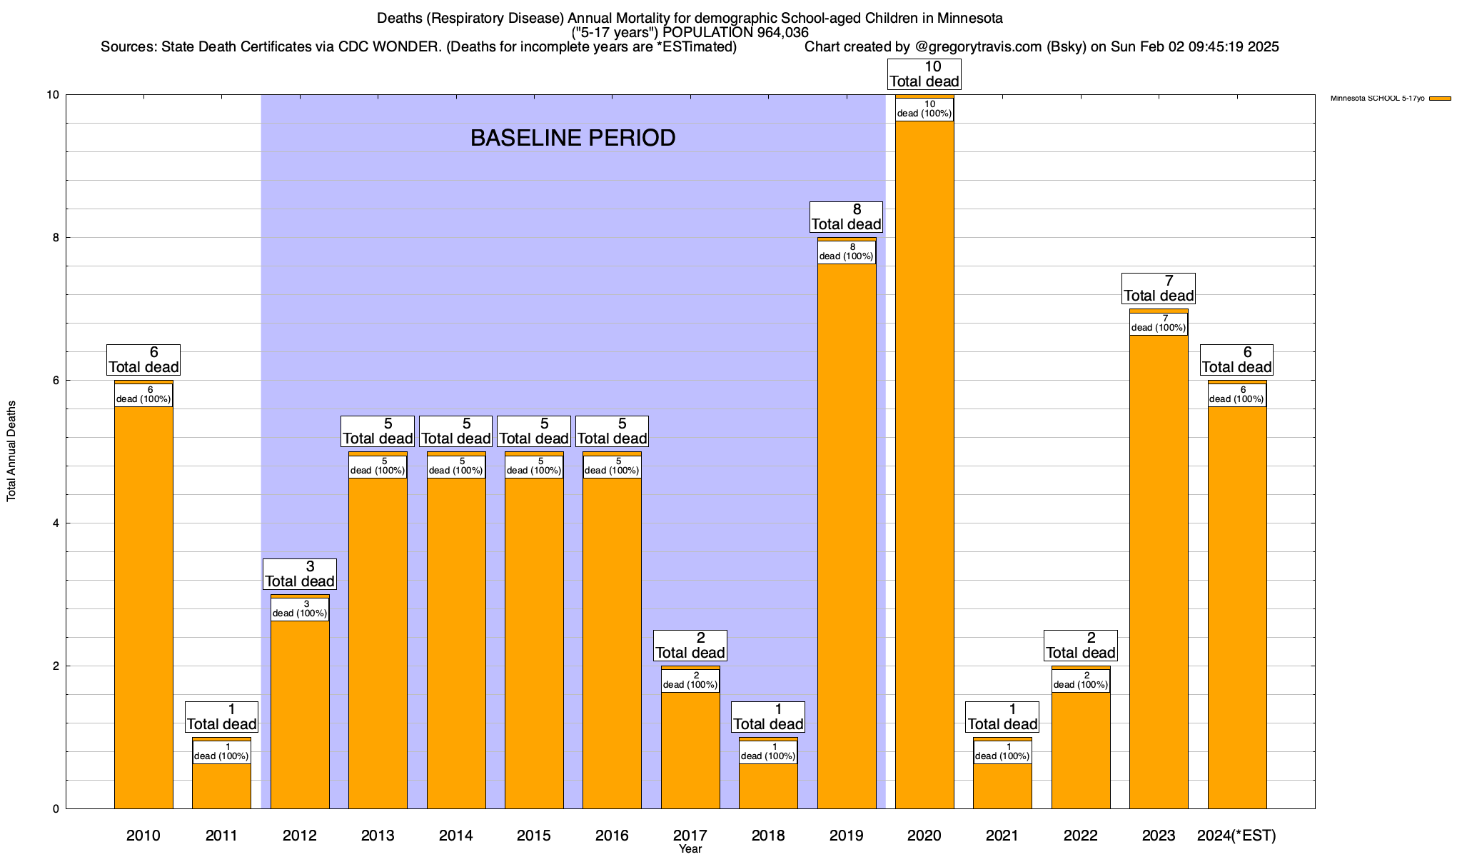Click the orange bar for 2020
coord(924,464)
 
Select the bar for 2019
coord(847,536)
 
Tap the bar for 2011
coord(221,786)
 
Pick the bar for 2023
coord(1159,571)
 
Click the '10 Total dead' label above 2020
coord(924,74)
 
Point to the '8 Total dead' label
coord(847,217)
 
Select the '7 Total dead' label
coord(1159,289)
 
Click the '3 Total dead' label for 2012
coord(300,574)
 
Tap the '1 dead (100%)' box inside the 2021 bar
coord(1002,752)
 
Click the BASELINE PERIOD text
coord(573,138)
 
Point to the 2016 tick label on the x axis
coord(612,836)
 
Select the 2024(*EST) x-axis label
coord(1236,836)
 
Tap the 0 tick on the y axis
coord(55,809)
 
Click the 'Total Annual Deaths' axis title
coord(11,451)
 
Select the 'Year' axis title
coord(690,849)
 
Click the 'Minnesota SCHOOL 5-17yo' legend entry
coord(1377,99)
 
